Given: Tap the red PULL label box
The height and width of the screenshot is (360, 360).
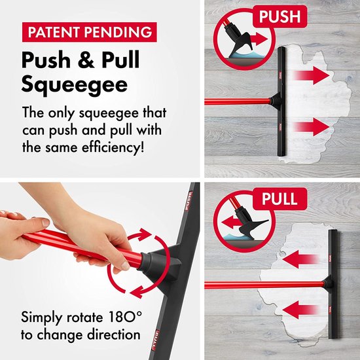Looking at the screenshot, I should click(x=279, y=198).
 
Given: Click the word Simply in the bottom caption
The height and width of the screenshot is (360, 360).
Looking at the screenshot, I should click(x=44, y=318).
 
